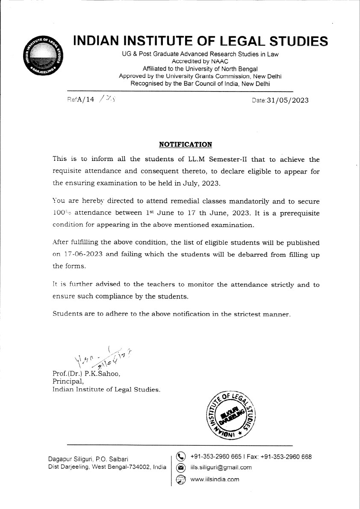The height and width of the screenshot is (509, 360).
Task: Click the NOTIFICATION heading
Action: (185, 145)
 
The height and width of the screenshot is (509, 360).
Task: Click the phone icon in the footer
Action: (181, 457)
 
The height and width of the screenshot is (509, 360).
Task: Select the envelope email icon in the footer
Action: (181, 468)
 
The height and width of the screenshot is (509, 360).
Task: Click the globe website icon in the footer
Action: (181, 479)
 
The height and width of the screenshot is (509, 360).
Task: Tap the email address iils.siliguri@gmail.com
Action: (221, 468)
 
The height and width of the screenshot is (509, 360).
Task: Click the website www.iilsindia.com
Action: (215, 479)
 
